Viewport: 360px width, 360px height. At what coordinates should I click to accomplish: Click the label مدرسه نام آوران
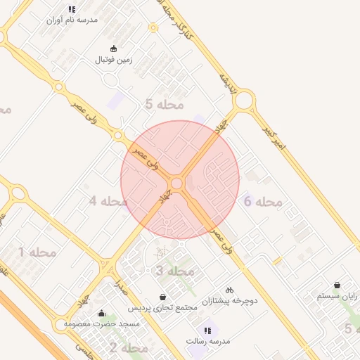click(x=72, y=20)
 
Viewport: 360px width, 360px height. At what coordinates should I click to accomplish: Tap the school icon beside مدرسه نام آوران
click(x=72, y=9)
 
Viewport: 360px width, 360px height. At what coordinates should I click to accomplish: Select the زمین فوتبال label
click(x=114, y=60)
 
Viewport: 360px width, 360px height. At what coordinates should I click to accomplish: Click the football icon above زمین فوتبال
click(x=114, y=49)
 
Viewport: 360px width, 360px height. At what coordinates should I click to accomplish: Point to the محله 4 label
click(x=108, y=201)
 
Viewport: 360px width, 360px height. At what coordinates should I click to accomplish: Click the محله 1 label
click(x=37, y=251)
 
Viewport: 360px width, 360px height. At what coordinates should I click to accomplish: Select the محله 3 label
click(x=174, y=271)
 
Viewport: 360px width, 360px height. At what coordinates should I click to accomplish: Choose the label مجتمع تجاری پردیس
click(x=164, y=308)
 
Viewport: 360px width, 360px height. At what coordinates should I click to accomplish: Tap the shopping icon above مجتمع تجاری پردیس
click(x=164, y=297)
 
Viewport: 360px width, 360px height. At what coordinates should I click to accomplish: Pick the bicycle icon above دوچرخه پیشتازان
click(x=229, y=290)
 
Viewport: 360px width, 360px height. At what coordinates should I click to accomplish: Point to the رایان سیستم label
click(x=337, y=297)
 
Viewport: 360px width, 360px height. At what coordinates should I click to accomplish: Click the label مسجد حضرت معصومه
click(x=102, y=324)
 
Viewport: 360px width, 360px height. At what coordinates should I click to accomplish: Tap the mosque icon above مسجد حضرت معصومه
click(x=102, y=314)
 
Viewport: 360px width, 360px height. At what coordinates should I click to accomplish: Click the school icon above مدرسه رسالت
click(x=207, y=330)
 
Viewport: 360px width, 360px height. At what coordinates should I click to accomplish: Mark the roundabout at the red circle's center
click(x=177, y=183)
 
